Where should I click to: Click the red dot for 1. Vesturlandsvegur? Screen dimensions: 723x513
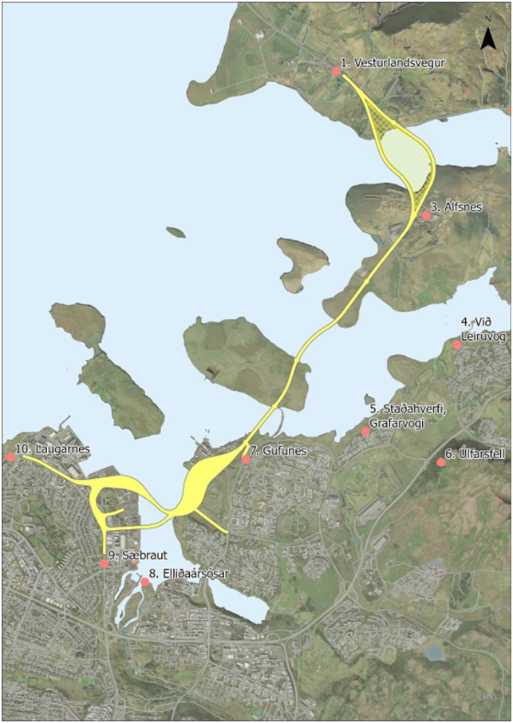click(x=337, y=72)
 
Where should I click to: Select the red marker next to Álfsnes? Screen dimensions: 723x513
click(x=426, y=215)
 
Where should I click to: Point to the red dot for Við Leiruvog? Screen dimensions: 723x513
click(x=456, y=345)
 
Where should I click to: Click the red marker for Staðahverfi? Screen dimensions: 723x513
click(x=365, y=432)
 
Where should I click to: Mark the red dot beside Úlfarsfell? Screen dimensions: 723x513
click(x=441, y=462)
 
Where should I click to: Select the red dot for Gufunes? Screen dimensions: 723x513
click(x=246, y=459)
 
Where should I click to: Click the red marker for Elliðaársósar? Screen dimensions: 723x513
click(x=144, y=583)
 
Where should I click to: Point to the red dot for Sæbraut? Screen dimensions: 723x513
click(x=105, y=564)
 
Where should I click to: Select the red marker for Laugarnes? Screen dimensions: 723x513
click(x=10, y=457)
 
